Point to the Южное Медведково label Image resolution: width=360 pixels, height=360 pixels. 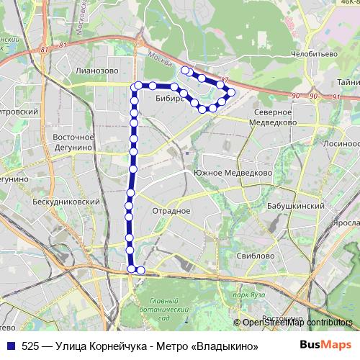point(232,174)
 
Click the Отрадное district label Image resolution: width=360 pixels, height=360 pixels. point(171,211)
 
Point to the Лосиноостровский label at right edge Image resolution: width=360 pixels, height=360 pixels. point(344,143)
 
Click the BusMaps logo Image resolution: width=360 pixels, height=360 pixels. point(326,345)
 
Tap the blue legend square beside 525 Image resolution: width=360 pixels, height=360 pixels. point(9,346)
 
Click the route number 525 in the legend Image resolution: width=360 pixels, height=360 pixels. point(30,346)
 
